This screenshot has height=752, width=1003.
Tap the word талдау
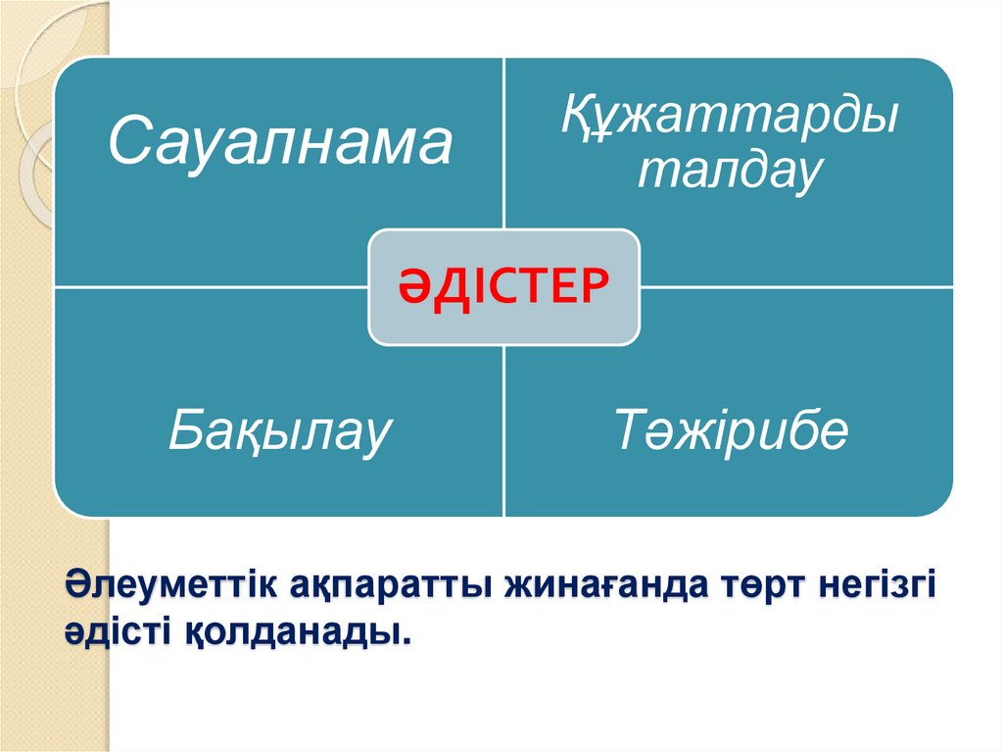click(x=728, y=173)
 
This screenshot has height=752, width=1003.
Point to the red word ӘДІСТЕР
click(x=503, y=286)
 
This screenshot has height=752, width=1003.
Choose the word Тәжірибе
click(x=730, y=432)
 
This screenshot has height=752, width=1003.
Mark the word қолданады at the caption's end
click(x=294, y=633)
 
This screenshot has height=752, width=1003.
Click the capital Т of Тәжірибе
click(x=632, y=432)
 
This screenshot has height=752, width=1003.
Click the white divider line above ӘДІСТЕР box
click(x=503, y=147)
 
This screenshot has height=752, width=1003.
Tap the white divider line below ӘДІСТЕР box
click(x=503, y=431)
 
